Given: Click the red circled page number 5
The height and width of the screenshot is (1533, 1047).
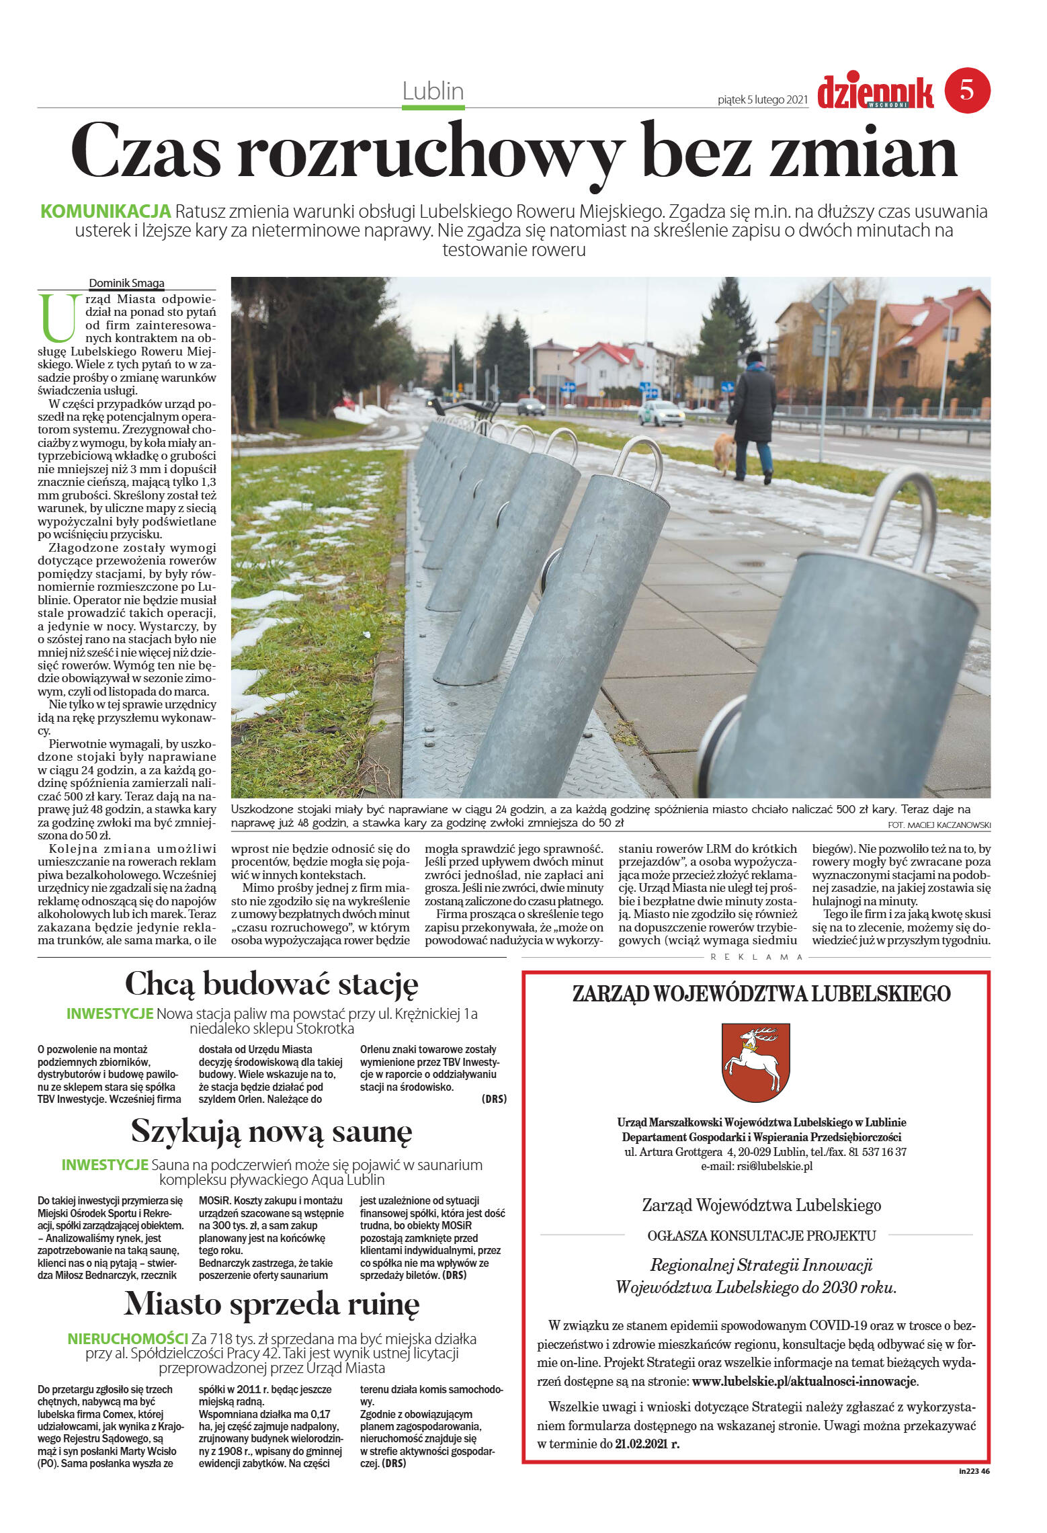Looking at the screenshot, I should coord(967,90).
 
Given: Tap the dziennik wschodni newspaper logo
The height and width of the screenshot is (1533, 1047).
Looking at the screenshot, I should coord(875,93).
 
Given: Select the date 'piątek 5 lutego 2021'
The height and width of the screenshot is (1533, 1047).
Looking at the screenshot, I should coord(762,100).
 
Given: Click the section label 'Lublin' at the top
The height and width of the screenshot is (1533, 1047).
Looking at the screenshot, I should coord(433,91).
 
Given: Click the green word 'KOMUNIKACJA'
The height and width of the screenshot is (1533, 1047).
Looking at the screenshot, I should coord(106,211).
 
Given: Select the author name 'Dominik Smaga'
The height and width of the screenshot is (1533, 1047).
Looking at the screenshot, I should coord(126,283).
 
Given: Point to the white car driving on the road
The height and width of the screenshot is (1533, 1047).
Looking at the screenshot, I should coord(661,413).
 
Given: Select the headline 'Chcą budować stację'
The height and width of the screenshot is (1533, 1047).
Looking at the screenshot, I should coord(271,984).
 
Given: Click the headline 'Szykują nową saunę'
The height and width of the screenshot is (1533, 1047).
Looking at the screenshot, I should coord(271,1130).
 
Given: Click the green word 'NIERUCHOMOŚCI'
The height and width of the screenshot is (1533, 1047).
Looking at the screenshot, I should coord(128,1338).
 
